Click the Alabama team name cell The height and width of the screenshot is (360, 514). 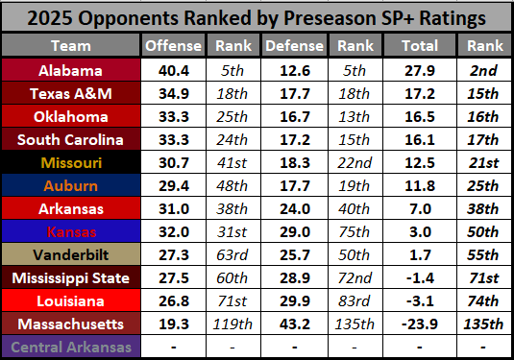70,69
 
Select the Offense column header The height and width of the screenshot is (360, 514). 173,46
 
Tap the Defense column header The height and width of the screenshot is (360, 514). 294,46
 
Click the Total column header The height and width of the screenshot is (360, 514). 415,46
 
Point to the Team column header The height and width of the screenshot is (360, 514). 70,46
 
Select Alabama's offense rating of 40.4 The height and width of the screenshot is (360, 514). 173,69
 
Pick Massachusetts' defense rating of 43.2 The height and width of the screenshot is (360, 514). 294,323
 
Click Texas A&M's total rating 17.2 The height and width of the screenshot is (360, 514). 415,92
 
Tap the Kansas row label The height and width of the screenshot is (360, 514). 70,230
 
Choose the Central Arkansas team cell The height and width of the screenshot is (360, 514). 70,346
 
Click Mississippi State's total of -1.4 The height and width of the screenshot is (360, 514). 415,276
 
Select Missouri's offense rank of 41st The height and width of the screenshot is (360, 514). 233,161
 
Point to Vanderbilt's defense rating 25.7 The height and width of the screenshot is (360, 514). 294,253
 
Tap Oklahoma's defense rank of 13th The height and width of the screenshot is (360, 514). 355,115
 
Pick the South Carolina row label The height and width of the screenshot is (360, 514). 70,138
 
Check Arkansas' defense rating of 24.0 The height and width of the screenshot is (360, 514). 294,207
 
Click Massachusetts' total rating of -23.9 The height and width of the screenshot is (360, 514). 415,323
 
